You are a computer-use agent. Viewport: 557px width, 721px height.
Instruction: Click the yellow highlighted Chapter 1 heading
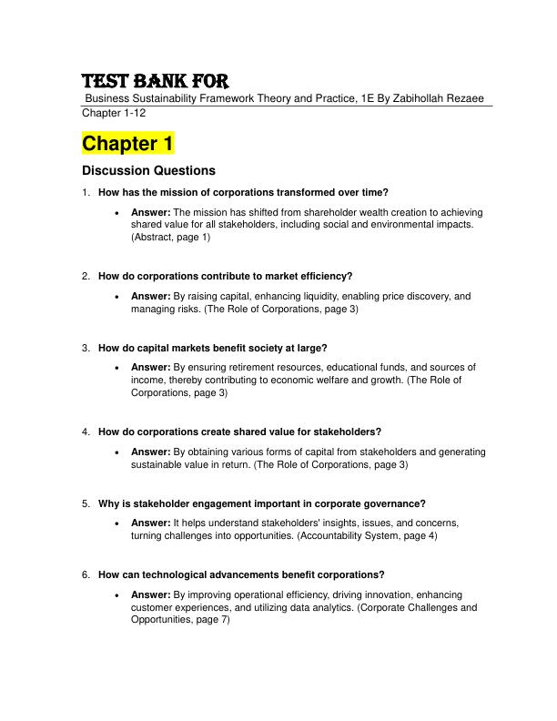click(127, 144)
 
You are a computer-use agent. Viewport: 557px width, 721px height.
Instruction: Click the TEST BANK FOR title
click(156, 80)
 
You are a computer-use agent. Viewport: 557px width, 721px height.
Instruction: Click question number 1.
click(85, 192)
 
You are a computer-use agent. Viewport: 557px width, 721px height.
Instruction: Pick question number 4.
click(85, 432)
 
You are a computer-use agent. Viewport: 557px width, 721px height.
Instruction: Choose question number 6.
click(85, 574)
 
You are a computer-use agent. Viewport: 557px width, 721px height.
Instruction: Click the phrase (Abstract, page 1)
click(171, 237)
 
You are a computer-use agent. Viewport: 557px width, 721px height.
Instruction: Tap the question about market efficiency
click(225, 276)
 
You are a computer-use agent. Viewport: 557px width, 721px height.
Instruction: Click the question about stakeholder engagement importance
click(262, 503)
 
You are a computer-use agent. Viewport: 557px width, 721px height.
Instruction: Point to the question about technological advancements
click(241, 574)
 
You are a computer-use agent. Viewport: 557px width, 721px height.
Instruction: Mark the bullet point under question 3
click(119, 368)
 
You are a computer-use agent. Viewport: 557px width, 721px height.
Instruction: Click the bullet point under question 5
click(119, 523)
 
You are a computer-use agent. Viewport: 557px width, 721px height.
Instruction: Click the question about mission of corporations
click(243, 192)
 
